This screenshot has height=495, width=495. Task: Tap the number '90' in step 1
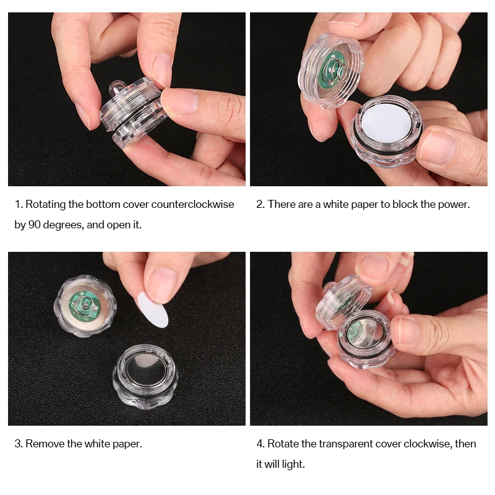[34, 225]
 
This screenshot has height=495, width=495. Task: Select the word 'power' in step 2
[453, 204]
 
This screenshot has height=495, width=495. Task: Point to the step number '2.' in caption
[260, 204]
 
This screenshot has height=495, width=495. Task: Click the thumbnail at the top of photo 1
[163, 68]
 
